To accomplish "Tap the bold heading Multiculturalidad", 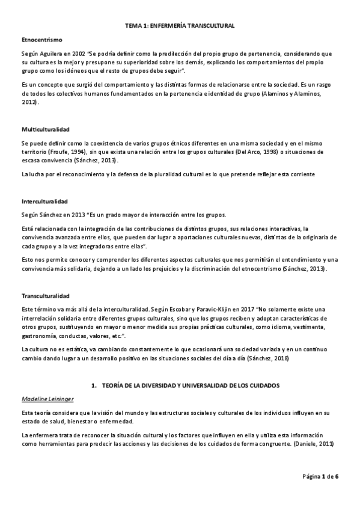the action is point(46,129).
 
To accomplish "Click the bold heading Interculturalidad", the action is point(44,200).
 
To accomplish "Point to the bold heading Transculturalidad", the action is point(46,296).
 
